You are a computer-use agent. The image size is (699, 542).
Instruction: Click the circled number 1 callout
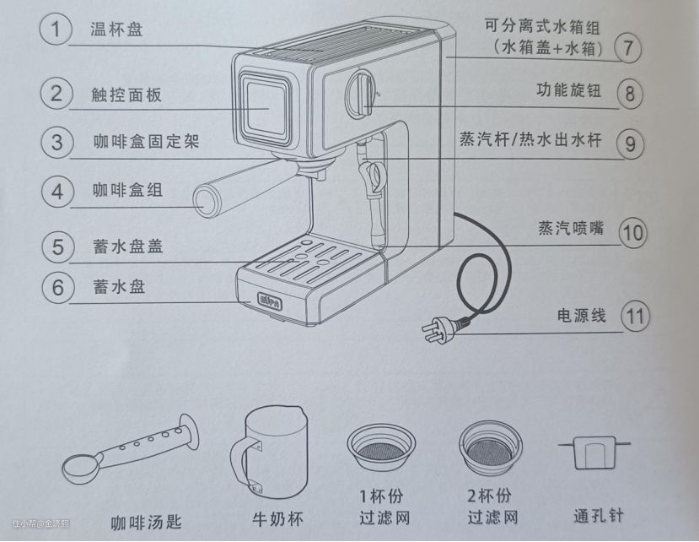pyautogui.click(x=56, y=29)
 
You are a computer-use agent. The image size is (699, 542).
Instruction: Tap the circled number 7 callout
pyautogui.click(x=627, y=47)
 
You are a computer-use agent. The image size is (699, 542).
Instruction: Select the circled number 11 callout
pyautogui.click(x=635, y=317)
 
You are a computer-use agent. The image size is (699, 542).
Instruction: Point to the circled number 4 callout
pyautogui.click(x=57, y=192)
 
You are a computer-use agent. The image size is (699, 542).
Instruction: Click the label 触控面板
pyautogui.click(x=126, y=95)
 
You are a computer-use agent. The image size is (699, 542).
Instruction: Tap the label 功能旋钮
pyautogui.click(x=569, y=90)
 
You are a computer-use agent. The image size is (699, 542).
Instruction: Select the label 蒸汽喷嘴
pyautogui.click(x=571, y=228)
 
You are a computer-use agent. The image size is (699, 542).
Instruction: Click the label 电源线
pyautogui.click(x=581, y=316)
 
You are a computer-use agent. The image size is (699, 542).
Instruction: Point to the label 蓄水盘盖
pyautogui.click(x=128, y=246)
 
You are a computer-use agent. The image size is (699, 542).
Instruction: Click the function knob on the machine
pyautogui.click(x=361, y=93)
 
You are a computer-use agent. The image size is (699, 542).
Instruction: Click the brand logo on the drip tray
pyautogui.click(x=270, y=301)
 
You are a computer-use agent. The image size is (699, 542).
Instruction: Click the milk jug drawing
pyautogui.click(x=269, y=452)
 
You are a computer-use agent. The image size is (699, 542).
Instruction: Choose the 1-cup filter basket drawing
pyautogui.click(x=381, y=448)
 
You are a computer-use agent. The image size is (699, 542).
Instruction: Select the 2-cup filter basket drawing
pyautogui.click(x=490, y=447)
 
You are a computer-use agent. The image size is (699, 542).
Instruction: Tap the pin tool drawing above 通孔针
pyautogui.click(x=594, y=452)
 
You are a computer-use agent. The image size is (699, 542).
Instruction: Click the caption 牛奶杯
pyautogui.click(x=277, y=519)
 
